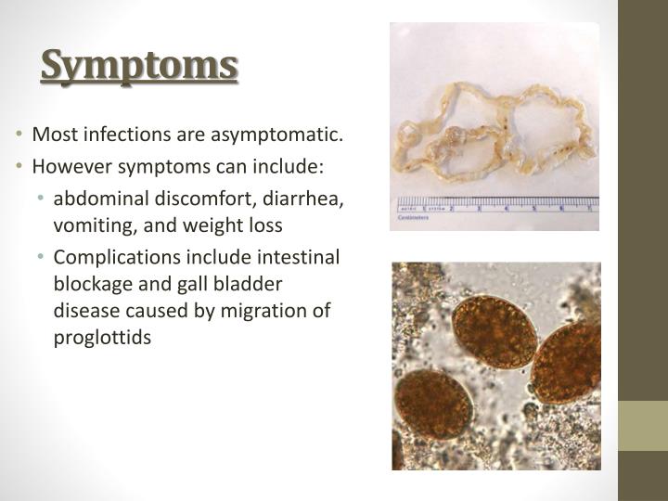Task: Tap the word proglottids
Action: pos(101,338)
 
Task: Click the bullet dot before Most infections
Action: pos(21,135)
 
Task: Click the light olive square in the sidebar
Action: pos(643,426)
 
